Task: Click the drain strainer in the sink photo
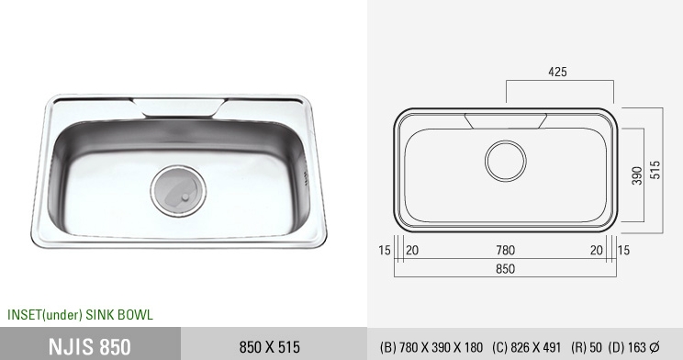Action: (179, 191)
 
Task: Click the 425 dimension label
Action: (557, 72)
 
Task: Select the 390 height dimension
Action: (637, 175)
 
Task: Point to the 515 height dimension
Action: (655, 170)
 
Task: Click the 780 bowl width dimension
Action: (505, 250)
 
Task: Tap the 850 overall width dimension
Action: (505, 268)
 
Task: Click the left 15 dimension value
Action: (385, 250)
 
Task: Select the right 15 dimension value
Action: (623, 250)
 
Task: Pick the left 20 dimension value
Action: (412, 250)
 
